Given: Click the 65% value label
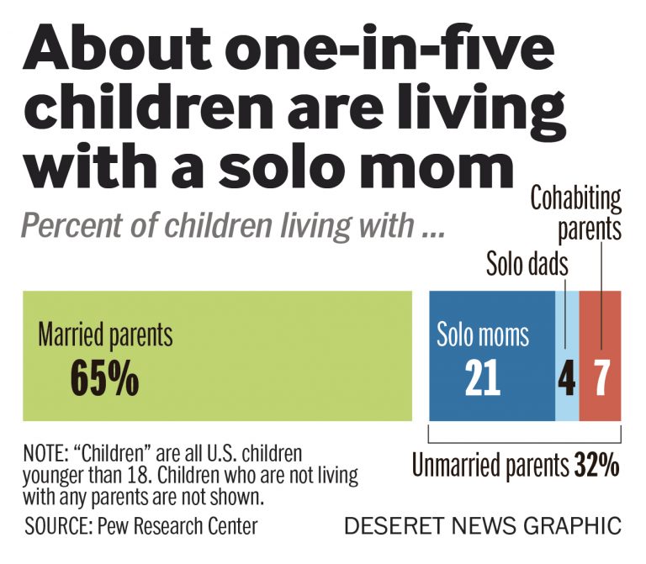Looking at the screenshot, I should (103, 380).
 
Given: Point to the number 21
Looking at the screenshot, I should (482, 380).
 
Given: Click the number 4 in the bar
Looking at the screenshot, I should (567, 380).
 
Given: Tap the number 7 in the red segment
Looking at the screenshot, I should (601, 380).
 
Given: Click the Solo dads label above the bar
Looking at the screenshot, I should (527, 265).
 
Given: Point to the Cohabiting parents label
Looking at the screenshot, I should (576, 213).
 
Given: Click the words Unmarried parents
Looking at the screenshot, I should (491, 465).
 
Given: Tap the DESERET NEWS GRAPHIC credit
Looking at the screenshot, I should (483, 527).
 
